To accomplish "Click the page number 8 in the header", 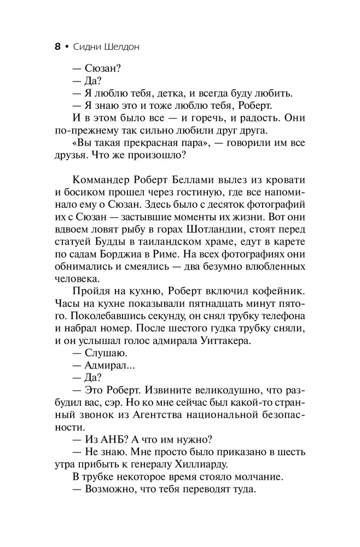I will tap(58, 47).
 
